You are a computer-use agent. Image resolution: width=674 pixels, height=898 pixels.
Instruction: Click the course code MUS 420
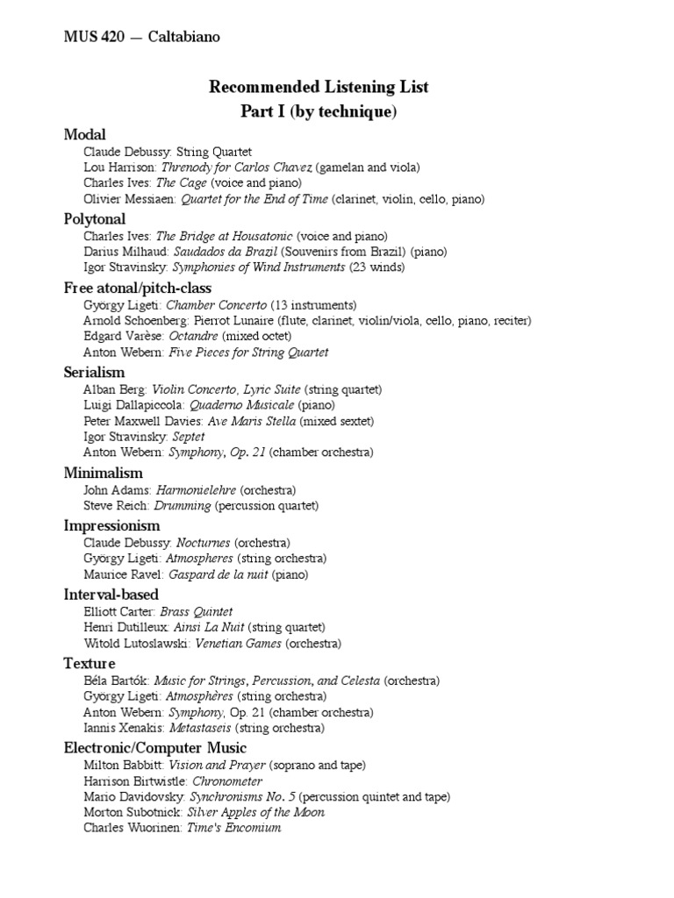(91, 37)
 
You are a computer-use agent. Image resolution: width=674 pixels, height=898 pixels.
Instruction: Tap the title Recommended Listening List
(319, 87)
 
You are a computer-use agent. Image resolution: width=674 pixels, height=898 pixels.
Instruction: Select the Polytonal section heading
(95, 218)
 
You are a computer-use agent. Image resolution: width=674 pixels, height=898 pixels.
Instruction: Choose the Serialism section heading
(94, 372)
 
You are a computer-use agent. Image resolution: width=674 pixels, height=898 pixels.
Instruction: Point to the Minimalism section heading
(103, 474)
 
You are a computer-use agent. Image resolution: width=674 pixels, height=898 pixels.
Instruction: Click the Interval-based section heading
(111, 595)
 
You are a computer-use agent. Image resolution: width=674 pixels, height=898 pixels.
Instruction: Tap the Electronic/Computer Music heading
(155, 748)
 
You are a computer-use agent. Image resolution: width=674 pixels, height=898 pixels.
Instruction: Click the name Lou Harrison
(120, 167)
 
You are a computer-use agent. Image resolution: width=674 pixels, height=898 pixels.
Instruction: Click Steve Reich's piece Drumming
(183, 506)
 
